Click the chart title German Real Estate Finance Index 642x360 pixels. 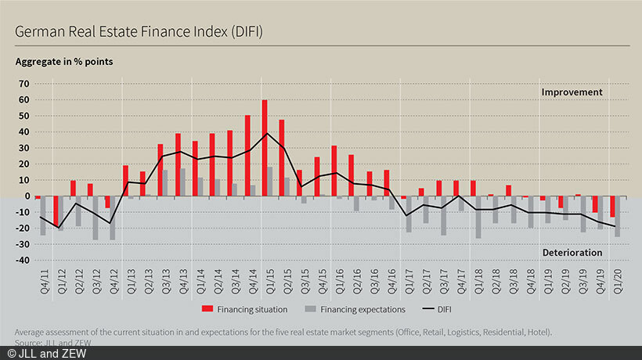138,32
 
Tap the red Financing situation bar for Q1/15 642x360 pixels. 265,148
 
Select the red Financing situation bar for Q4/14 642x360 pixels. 247,155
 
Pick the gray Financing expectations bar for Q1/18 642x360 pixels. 478,217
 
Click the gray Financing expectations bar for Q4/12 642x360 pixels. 113,218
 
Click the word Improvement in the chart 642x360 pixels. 572,92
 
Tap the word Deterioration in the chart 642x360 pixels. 572,253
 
